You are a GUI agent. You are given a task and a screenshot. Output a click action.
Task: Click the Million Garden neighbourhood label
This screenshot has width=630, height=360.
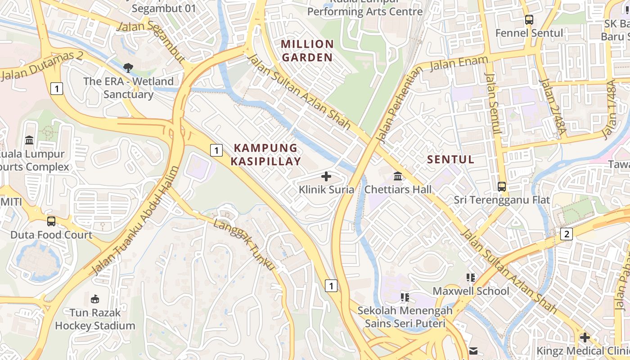pos(307,50)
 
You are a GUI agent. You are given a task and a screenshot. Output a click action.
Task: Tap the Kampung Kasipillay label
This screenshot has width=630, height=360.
pos(266,154)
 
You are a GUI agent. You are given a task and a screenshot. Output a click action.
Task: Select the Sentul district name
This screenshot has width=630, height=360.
pos(450,159)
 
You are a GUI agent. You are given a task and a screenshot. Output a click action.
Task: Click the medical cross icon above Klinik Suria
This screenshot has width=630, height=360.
pos(326,176)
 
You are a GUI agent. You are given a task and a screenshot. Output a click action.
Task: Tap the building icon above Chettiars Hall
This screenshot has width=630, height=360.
pos(398,176)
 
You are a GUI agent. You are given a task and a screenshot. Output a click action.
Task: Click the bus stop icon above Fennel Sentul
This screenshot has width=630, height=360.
pos(529,20)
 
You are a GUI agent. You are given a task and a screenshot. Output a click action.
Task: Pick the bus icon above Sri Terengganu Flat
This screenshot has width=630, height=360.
pos(502,186)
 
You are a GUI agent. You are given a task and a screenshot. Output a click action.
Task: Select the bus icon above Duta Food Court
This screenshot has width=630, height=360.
pos(51,221)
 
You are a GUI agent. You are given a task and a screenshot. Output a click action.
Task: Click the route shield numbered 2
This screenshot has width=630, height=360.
pos(567,234)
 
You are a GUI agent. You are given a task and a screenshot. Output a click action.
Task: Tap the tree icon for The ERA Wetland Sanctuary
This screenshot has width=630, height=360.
pos(128,68)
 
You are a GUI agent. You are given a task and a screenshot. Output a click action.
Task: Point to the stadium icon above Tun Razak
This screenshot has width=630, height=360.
pos(95,299)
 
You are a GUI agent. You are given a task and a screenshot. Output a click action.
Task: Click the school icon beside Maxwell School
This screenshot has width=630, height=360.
pos(471,278)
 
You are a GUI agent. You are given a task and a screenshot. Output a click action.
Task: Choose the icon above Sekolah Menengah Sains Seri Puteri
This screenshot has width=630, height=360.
pos(405,297)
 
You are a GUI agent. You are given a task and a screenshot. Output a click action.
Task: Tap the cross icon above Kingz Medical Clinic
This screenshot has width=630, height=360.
pos(585,337)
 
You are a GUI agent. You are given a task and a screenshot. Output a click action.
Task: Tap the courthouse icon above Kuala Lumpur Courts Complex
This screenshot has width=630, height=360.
pos(30,140)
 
